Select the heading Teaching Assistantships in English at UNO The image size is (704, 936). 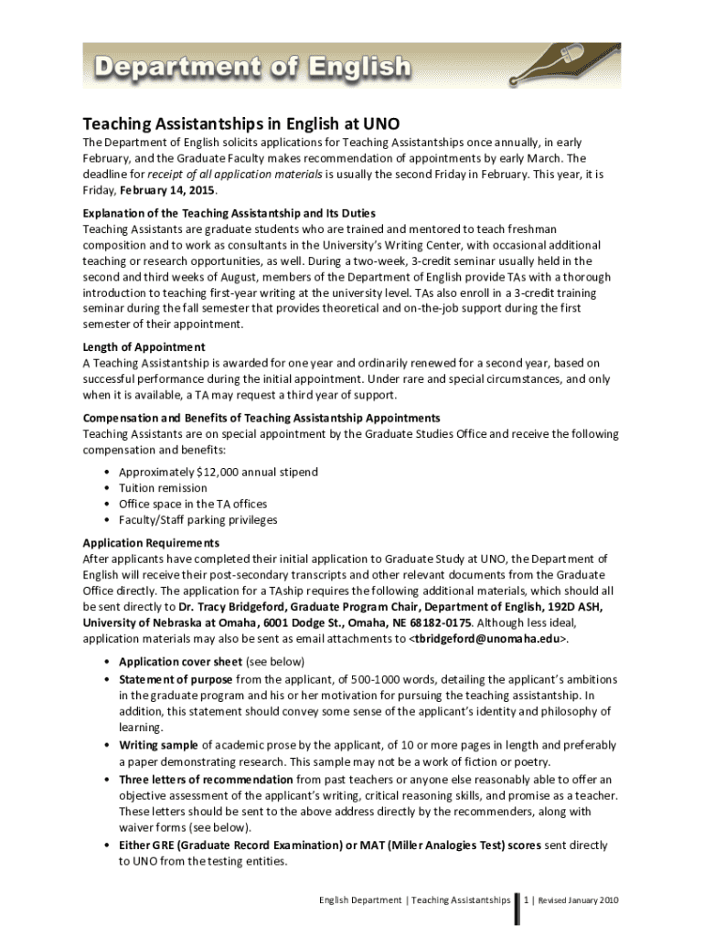(241, 122)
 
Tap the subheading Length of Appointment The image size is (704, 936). (144, 347)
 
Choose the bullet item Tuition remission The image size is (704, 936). (163, 488)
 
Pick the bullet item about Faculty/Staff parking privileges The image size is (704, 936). (197, 520)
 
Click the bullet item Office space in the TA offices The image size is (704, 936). (192, 504)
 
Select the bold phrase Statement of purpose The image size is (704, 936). (176, 679)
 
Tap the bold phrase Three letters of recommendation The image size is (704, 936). (206, 779)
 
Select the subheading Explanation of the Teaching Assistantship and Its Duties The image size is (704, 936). (229, 213)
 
